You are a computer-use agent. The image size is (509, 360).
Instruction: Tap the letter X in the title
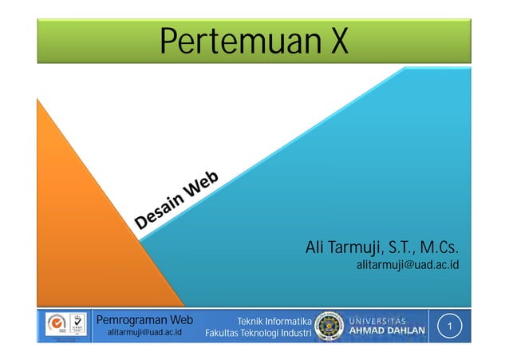[x=338, y=42]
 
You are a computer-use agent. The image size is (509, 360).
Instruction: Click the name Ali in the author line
[x=317, y=247]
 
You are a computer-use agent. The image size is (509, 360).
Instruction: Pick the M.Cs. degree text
[x=452, y=247]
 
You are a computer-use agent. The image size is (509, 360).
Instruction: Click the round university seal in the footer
[x=329, y=326]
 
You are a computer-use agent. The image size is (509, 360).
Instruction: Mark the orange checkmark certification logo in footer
[x=57, y=324]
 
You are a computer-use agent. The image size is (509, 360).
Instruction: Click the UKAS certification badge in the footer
[x=78, y=326]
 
